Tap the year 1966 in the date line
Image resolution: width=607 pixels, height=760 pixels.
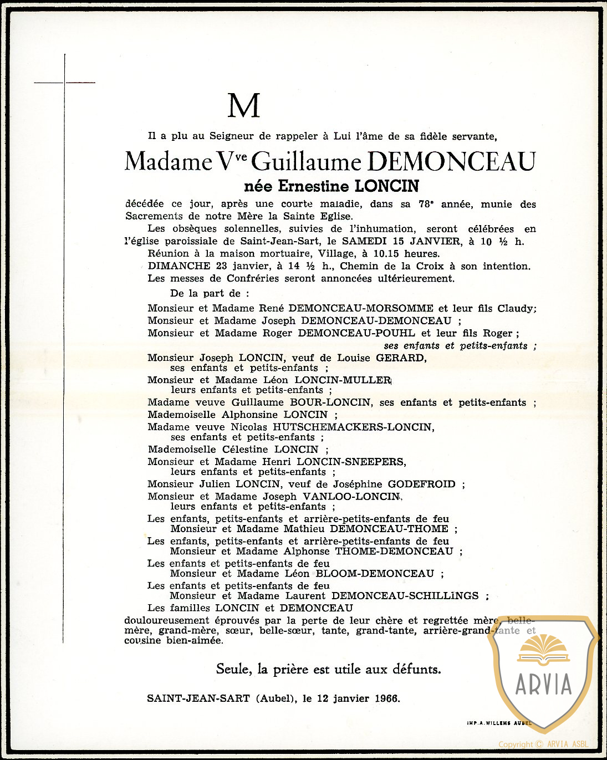click(x=386, y=698)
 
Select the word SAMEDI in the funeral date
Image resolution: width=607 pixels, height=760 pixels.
click(x=363, y=241)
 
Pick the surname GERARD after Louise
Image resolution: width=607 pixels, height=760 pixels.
click(x=401, y=358)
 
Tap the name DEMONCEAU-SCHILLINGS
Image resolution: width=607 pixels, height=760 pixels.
click(x=405, y=596)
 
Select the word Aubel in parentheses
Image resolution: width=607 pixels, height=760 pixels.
click(x=276, y=698)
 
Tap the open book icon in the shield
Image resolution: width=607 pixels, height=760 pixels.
click(x=543, y=649)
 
